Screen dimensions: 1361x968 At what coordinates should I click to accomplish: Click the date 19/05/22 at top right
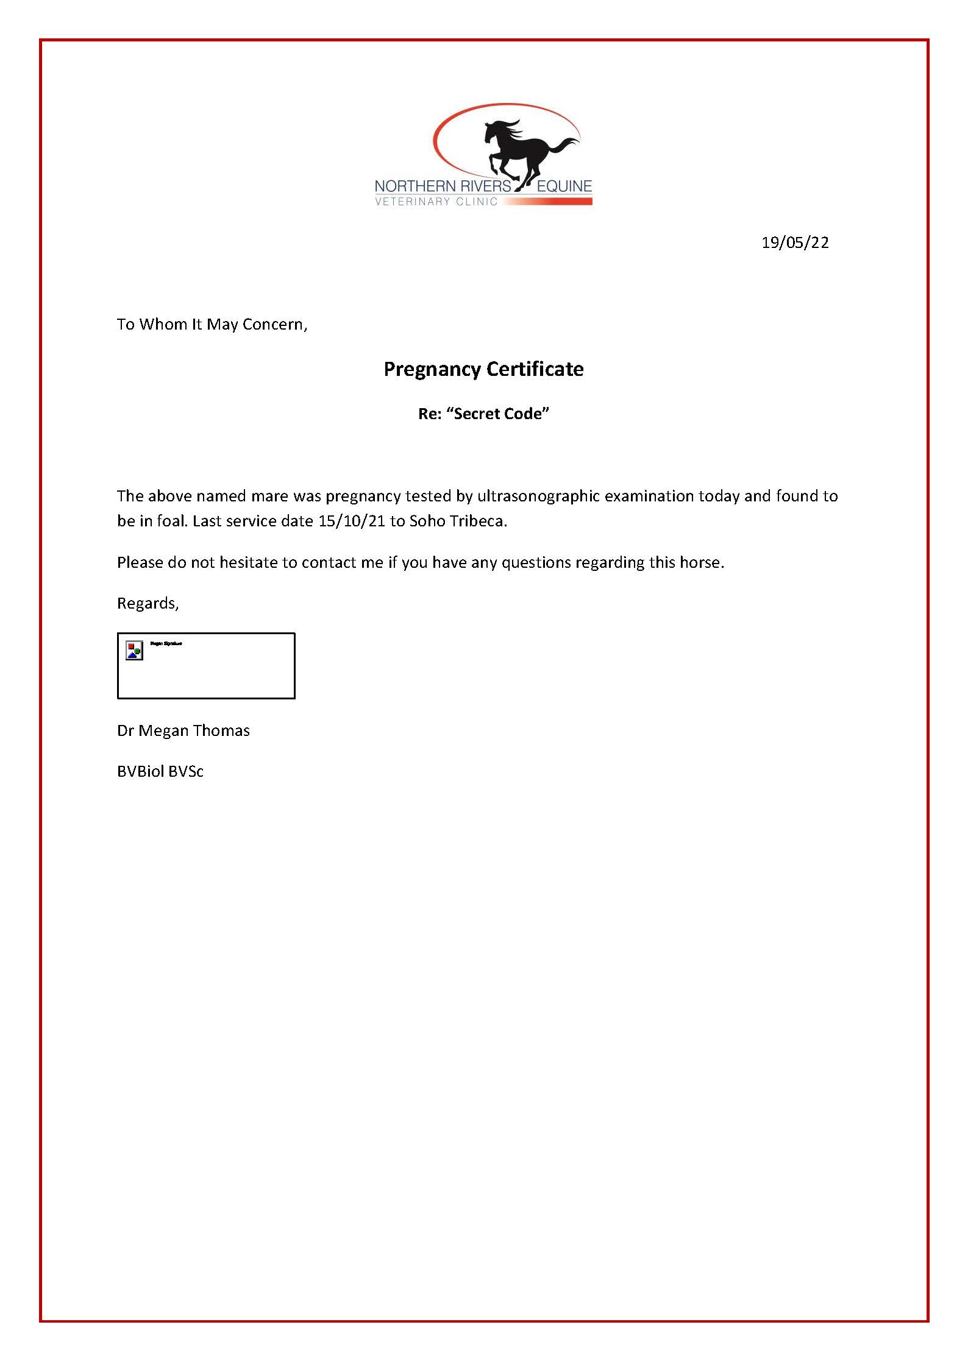pyautogui.click(x=795, y=242)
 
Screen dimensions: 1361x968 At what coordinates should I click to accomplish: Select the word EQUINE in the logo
pyautogui.click(x=564, y=186)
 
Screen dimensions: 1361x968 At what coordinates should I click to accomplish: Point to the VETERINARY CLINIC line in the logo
pyautogui.click(x=436, y=202)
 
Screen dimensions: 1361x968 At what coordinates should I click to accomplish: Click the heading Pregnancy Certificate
pyautogui.click(x=483, y=369)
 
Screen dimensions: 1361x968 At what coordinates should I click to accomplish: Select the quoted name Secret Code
pyautogui.click(x=498, y=414)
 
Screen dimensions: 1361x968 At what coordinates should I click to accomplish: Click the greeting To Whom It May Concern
pyautogui.click(x=212, y=324)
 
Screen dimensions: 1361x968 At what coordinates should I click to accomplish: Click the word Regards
pyautogui.click(x=148, y=603)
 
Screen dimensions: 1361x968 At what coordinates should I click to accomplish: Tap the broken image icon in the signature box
pyautogui.click(x=134, y=650)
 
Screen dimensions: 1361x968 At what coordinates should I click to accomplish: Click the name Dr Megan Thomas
pyautogui.click(x=183, y=730)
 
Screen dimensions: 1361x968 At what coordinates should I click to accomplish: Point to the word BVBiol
pyautogui.click(x=140, y=771)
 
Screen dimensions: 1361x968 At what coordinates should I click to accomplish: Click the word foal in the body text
pyautogui.click(x=174, y=521)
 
